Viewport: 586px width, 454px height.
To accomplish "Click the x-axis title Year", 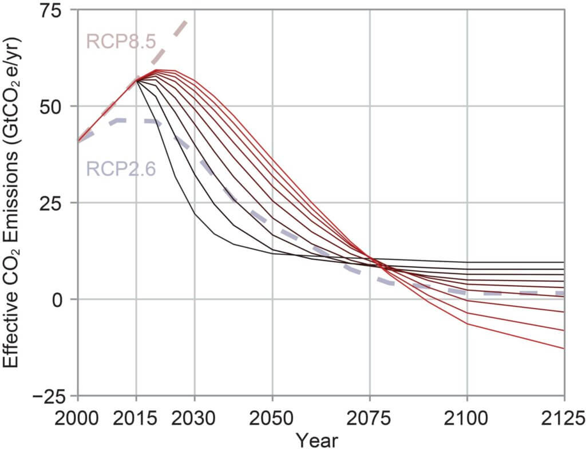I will (x=317, y=441).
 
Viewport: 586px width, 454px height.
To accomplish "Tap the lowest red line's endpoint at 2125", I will (x=564, y=349).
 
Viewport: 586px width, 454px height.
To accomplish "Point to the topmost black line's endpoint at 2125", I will (x=564, y=262).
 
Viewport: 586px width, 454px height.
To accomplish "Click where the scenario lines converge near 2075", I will (x=372, y=260).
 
